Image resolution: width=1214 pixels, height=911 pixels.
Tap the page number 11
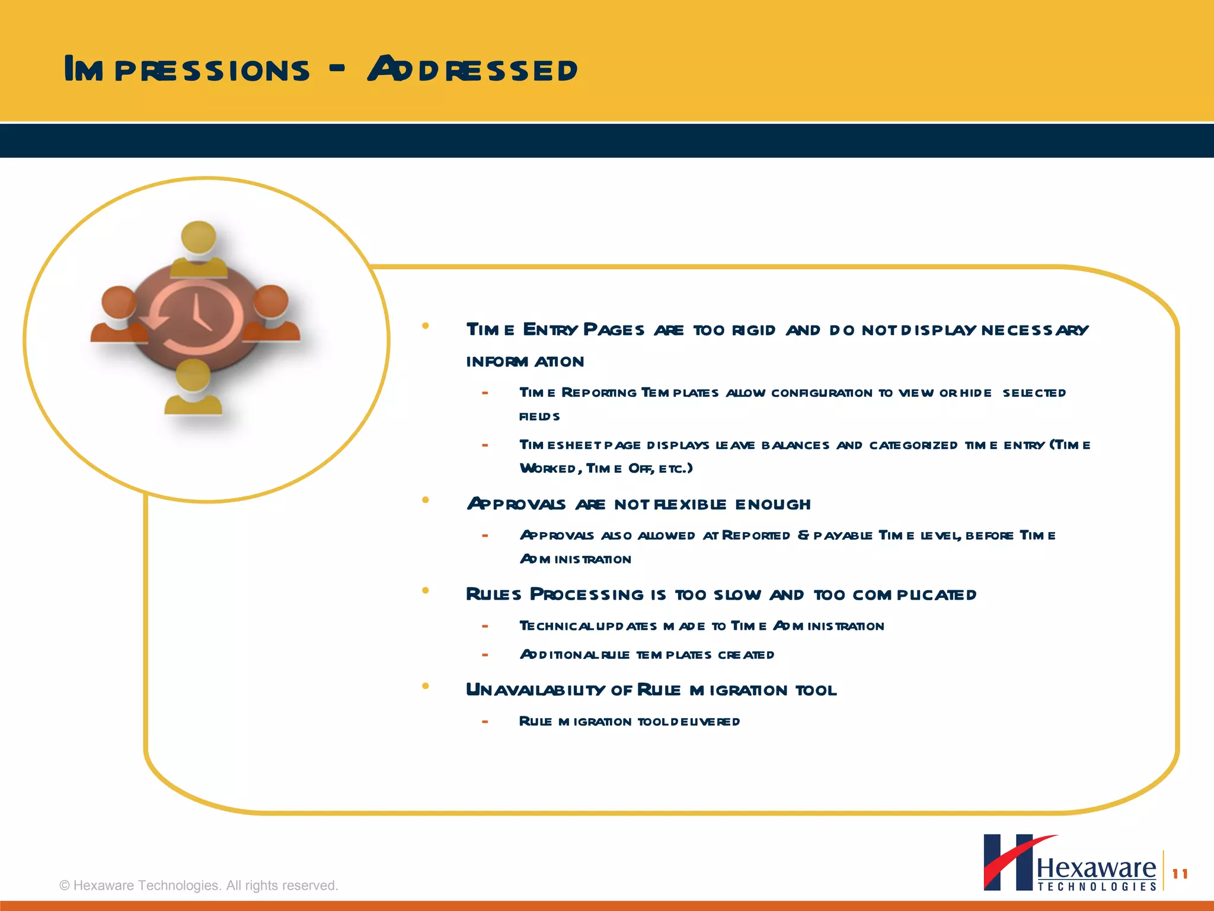pyautogui.click(x=1180, y=874)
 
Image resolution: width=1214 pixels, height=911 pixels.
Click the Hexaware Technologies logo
pyautogui.click(x=1070, y=863)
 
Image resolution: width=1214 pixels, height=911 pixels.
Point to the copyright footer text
pyautogui.click(x=199, y=885)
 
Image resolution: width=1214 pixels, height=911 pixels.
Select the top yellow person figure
pyautogui.click(x=199, y=249)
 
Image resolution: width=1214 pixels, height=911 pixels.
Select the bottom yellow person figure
pyautogui.click(x=193, y=388)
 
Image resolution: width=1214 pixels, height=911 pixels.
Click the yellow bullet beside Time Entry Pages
pyautogui.click(x=425, y=326)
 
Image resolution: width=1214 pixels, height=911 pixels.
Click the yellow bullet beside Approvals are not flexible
pyautogui.click(x=425, y=500)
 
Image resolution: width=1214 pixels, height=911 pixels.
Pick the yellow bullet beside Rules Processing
pyautogui.click(x=425, y=590)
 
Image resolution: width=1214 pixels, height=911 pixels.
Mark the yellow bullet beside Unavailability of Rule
pyautogui.click(x=425, y=686)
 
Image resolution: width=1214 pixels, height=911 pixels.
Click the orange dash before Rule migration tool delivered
pyautogui.click(x=485, y=722)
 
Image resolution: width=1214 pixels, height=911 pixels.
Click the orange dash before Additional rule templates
pyautogui.click(x=485, y=655)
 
